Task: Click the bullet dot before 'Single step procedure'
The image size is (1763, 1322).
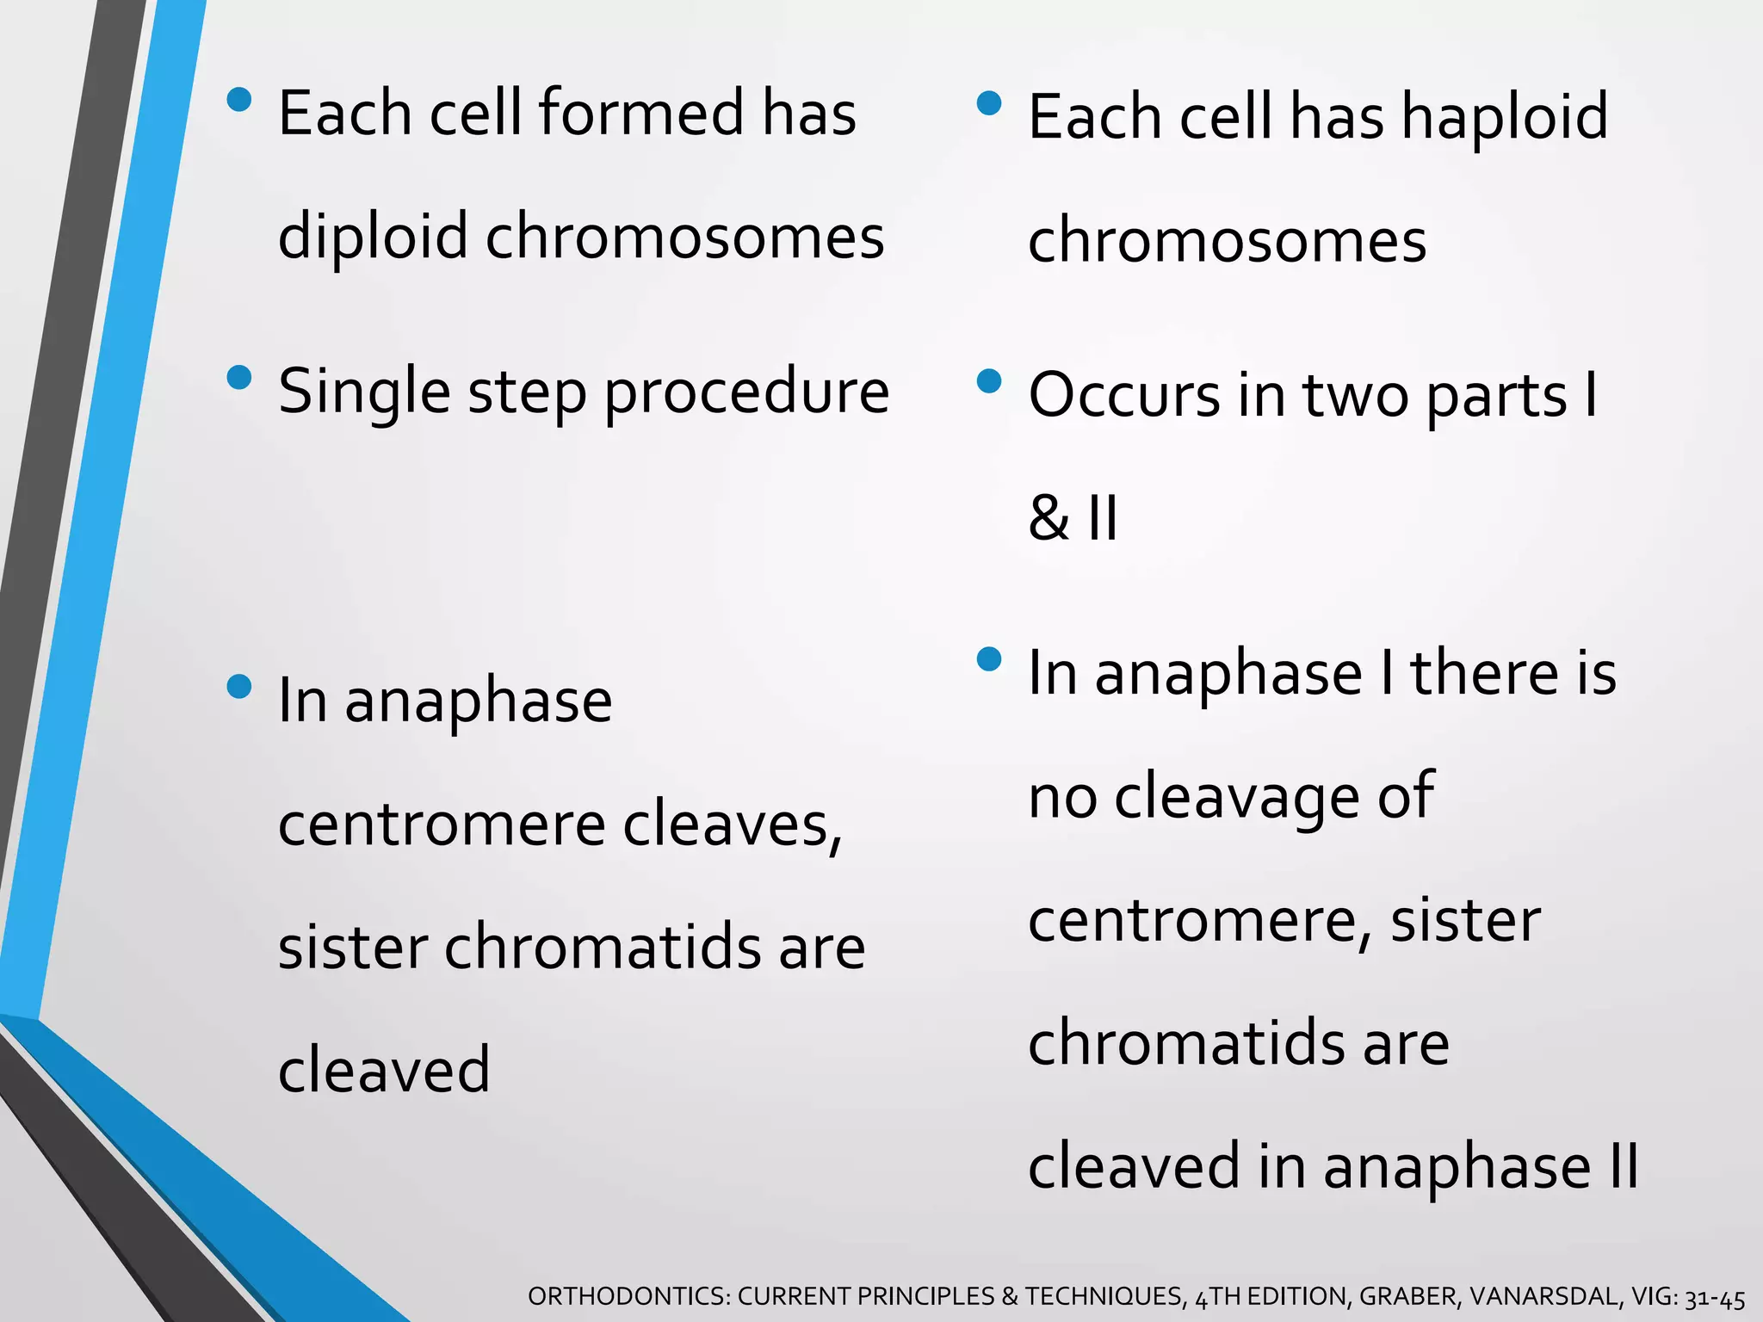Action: (238, 378)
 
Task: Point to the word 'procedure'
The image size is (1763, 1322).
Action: (746, 392)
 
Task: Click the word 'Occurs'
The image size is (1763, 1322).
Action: (1123, 396)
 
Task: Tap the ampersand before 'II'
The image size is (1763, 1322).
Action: (1049, 519)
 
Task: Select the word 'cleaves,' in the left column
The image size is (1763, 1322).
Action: (732, 825)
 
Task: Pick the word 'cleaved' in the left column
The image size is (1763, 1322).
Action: (384, 1070)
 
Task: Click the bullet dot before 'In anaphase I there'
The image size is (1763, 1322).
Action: (990, 659)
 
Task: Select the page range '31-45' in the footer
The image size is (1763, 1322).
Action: (1715, 1297)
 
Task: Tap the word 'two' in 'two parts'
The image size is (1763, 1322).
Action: (1355, 396)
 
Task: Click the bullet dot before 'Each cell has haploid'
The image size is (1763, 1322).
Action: (990, 104)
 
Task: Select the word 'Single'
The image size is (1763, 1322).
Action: (364, 392)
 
